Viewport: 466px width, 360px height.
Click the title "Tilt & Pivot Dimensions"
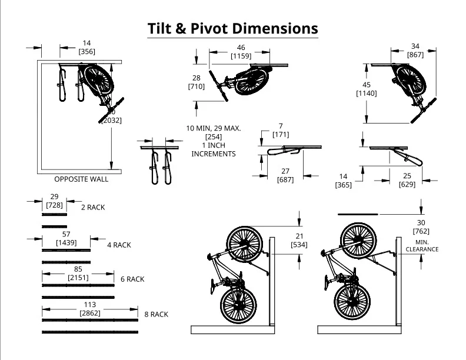click(x=232, y=28)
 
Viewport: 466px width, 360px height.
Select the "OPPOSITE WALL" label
click(x=81, y=179)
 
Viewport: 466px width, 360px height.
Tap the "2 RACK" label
click(x=92, y=208)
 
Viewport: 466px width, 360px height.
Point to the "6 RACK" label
click(x=132, y=279)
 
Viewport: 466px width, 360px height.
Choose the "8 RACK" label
click(x=156, y=315)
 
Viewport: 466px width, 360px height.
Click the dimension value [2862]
click(x=91, y=314)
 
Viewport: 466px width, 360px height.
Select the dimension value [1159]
click(x=241, y=56)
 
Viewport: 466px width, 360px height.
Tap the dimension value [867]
click(x=415, y=55)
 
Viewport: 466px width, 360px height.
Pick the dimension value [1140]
click(x=367, y=94)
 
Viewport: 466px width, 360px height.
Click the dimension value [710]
click(x=196, y=86)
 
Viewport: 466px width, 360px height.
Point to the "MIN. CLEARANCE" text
click(x=422, y=245)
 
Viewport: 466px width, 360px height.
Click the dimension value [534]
click(x=299, y=244)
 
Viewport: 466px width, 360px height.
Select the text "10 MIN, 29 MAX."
click(x=214, y=128)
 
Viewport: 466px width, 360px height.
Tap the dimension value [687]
click(x=285, y=179)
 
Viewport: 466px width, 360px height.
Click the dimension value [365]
click(x=344, y=185)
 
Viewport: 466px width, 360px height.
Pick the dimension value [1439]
click(x=66, y=242)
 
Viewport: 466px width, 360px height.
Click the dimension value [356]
click(x=86, y=52)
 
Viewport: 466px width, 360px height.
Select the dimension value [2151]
click(x=78, y=277)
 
